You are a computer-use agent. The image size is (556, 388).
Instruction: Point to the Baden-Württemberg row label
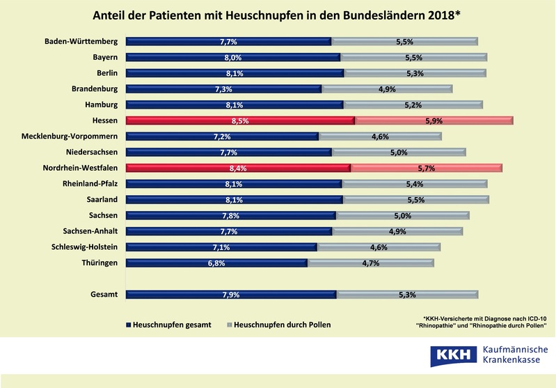tap(81, 41)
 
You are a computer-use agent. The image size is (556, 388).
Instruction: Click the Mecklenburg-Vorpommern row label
tap(70, 136)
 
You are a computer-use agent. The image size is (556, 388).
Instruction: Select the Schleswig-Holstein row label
tap(84, 247)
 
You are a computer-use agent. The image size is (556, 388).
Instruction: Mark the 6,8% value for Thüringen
tap(216, 263)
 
